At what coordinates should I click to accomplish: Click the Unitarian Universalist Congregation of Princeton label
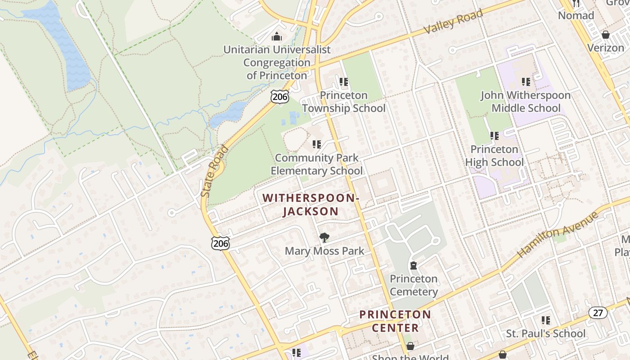[x=277, y=63]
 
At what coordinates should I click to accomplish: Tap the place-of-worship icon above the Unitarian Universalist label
[x=277, y=36]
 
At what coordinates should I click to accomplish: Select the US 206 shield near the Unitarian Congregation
[x=279, y=96]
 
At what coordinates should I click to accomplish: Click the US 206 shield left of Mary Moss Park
[x=220, y=243]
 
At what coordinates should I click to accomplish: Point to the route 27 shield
[x=598, y=313]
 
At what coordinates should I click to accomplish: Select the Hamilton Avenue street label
[x=558, y=235]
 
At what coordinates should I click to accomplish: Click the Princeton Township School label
[x=344, y=102]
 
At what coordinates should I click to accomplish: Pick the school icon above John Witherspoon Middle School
[x=526, y=82]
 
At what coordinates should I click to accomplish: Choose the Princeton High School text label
[x=494, y=156]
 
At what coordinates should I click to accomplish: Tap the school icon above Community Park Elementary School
[x=316, y=144]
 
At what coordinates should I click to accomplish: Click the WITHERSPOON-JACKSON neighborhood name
[x=310, y=205]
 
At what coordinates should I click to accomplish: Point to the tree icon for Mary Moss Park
[x=324, y=237]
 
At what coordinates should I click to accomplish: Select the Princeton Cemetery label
[x=414, y=285]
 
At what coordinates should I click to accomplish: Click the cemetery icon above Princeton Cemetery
[x=414, y=265]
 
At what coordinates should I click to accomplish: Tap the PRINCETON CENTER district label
[x=395, y=321]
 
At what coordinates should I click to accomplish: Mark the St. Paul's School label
[x=546, y=333]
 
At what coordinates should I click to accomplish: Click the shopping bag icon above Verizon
[x=605, y=35]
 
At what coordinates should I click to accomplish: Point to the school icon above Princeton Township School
[x=344, y=82]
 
